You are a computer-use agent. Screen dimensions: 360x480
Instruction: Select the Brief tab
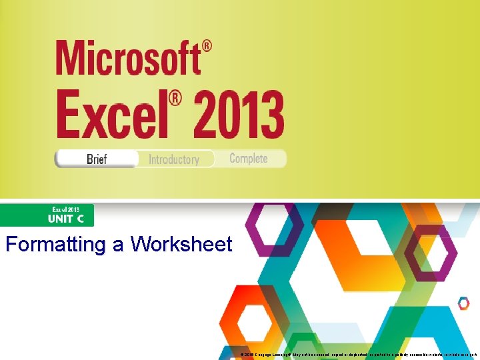tap(97, 159)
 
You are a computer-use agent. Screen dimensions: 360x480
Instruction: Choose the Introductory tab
tap(174, 159)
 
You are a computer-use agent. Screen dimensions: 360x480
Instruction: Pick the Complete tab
tap(248, 159)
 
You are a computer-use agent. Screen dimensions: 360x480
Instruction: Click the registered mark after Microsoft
tap(207, 47)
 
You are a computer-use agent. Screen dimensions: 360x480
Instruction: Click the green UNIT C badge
tap(47, 215)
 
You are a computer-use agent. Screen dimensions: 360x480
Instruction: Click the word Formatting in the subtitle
tap(57, 244)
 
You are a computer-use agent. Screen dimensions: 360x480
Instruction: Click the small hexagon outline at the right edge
tap(463, 303)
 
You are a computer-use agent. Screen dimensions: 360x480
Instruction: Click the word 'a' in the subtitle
tap(118, 245)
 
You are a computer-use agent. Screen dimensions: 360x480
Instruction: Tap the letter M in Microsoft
tap(69, 58)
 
